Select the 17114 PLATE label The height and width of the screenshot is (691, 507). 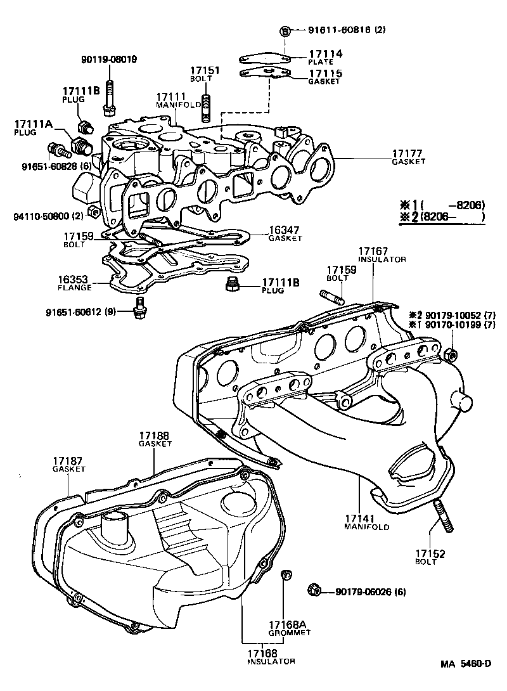click(325, 57)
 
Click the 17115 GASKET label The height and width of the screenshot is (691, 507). click(325, 77)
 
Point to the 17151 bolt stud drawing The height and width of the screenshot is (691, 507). click(205, 107)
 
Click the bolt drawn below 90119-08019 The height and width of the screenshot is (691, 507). click(109, 98)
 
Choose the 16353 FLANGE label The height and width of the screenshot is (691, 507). click(75, 282)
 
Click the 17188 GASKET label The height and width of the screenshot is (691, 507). click(155, 439)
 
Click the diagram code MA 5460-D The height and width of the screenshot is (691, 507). click(466, 664)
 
